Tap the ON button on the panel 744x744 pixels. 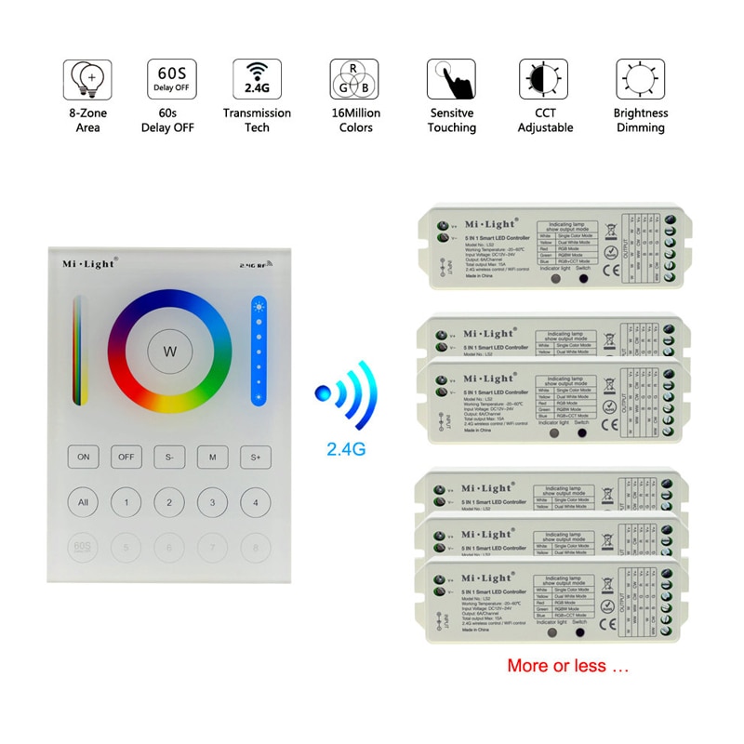[x=83, y=457]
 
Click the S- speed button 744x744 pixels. [x=169, y=457]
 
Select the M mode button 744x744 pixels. [x=212, y=457]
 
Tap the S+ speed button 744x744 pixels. [x=255, y=457]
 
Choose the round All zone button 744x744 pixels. [x=83, y=503]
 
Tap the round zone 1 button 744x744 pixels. [x=126, y=503]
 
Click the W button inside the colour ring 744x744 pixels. [x=169, y=352]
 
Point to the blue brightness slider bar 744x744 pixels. [x=258, y=352]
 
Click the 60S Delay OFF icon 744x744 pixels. [x=170, y=81]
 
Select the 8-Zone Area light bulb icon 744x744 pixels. [x=87, y=81]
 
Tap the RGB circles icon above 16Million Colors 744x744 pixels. [x=353, y=81]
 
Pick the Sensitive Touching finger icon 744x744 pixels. [x=451, y=81]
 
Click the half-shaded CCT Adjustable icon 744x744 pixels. [x=545, y=81]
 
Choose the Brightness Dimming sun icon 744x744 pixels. [x=641, y=81]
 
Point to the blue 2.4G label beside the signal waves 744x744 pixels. [x=346, y=447]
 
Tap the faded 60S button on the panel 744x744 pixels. [x=83, y=546]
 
